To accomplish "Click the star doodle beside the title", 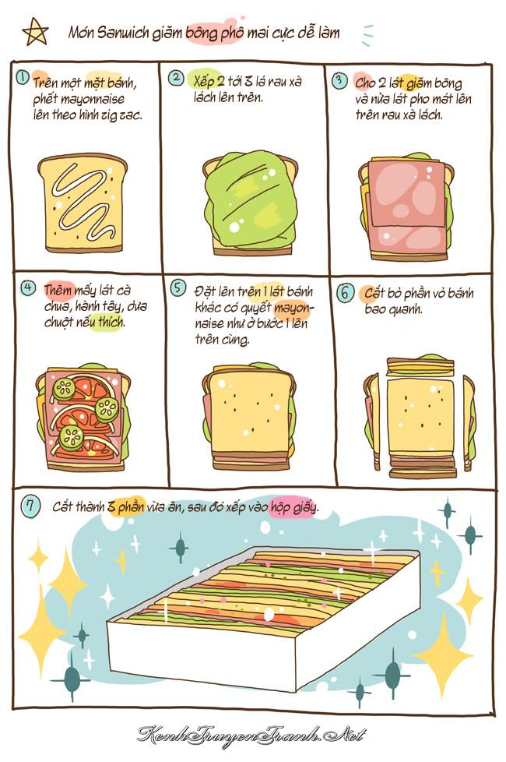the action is [36, 32].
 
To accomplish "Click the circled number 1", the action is [23, 77].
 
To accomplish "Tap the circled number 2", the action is [176, 78].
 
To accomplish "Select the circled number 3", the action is [340, 80].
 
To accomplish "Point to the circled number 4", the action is [28, 288].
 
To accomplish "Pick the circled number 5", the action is [177, 288].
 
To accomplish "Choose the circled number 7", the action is [30, 506].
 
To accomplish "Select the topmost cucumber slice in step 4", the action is [64, 388].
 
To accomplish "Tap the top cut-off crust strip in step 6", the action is [420, 364].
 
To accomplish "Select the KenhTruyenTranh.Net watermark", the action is [251, 734].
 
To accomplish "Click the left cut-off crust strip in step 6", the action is [372, 421].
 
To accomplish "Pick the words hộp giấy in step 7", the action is [293, 507].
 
